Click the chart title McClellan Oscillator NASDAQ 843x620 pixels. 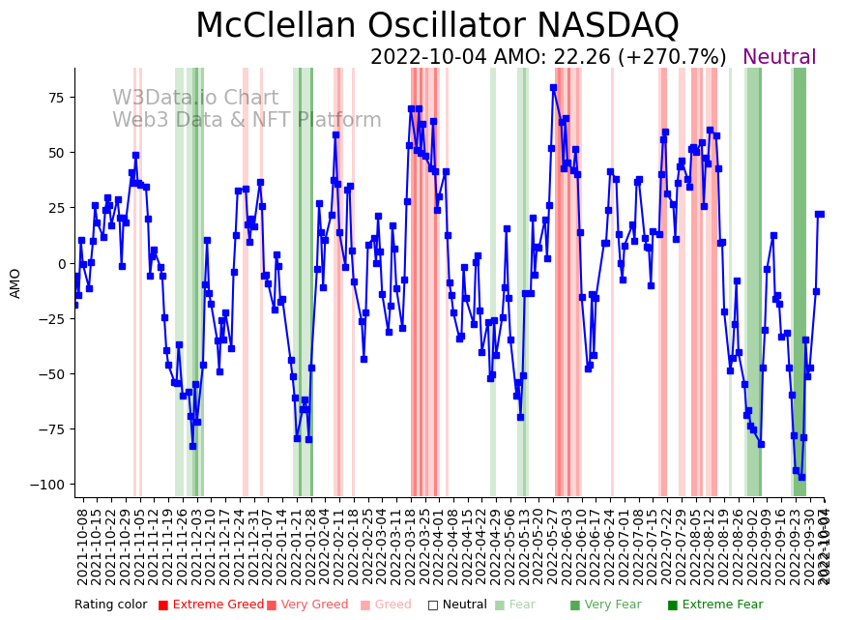[x=437, y=26]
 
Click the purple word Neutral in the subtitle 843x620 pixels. [x=779, y=57]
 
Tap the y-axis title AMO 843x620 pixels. [x=15, y=282]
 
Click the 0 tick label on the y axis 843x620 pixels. [x=61, y=263]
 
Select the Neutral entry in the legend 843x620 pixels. [x=457, y=605]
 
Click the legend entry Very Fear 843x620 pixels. [x=607, y=605]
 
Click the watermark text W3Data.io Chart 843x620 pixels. [x=195, y=98]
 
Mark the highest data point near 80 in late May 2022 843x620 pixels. [x=553, y=87]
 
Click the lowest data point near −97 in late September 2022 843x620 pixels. [x=801, y=477]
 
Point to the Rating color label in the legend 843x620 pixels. [x=110, y=605]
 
